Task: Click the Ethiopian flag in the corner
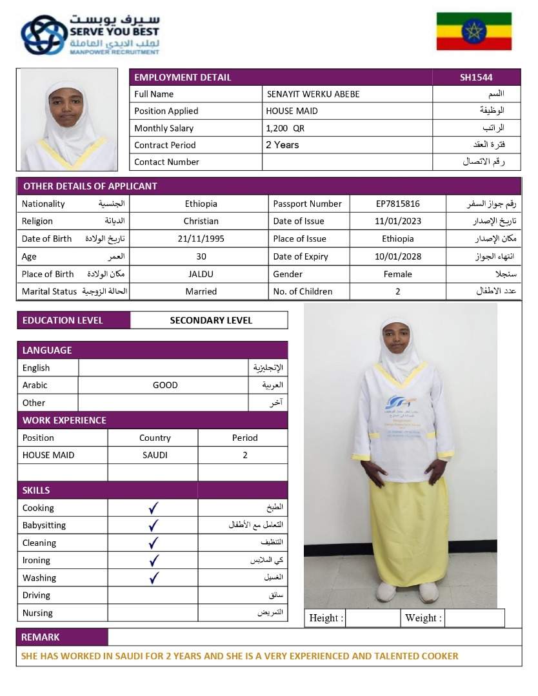[474, 31]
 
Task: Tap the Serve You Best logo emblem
[43, 35]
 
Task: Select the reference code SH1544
[476, 77]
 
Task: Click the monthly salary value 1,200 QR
[285, 128]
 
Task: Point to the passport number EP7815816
[398, 204]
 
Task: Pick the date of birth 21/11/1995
[201, 238]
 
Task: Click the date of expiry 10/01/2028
[398, 256]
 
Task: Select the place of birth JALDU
[201, 274]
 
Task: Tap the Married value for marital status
[201, 291]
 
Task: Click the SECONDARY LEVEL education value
[211, 320]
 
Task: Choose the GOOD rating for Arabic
[165, 385]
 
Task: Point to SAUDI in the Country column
[155, 455]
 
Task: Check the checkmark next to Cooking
[154, 508]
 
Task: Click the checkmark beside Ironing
[154, 561]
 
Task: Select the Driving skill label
[36, 595]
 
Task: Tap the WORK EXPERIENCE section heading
[65, 420]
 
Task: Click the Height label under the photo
[326, 618]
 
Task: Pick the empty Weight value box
[474, 618]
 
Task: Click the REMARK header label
[41, 637]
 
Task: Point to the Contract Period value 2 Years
[283, 145]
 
